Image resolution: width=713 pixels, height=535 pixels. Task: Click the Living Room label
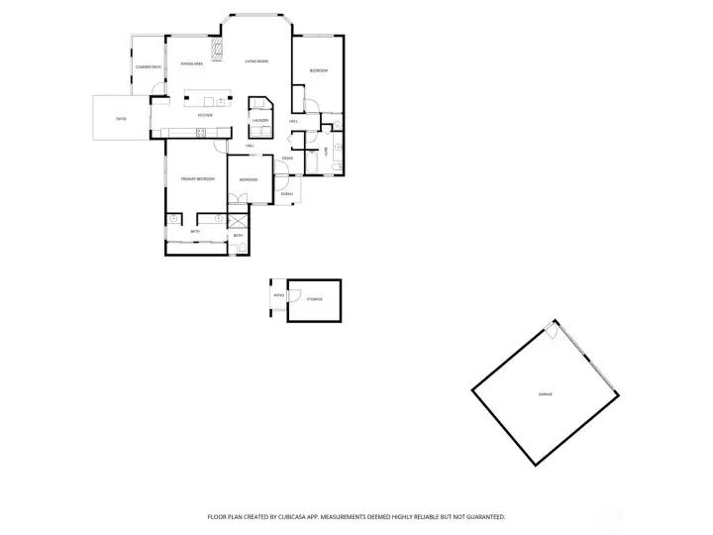(x=256, y=61)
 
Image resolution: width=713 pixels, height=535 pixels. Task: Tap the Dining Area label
(x=192, y=64)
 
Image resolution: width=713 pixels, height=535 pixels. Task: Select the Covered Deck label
(x=148, y=66)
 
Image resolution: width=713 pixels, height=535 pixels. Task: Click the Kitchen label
(x=205, y=115)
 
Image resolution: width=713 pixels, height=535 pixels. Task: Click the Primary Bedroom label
(x=198, y=178)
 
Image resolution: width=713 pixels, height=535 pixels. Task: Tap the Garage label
(x=545, y=394)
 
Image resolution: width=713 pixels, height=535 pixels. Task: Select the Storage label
(x=314, y=298)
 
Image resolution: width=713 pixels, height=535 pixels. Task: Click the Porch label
(x=286, y=193)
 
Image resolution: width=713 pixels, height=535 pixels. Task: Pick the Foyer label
(x=286, y=159)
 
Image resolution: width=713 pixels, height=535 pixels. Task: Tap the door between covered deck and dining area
(x=156, y=98)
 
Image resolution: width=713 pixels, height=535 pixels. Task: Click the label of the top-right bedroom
(x=318, y=71)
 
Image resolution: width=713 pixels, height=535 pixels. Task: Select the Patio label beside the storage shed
(x=279, y=294)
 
